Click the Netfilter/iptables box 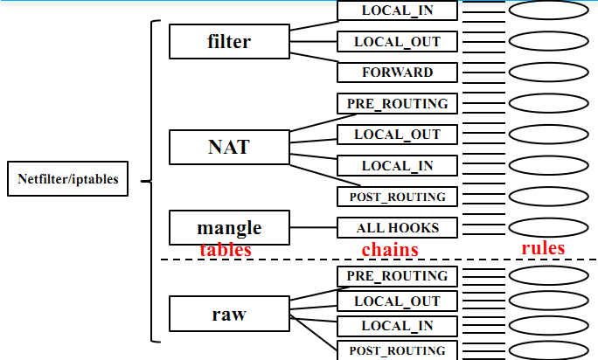[68, 181]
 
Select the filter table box [229, 41]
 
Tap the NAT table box [229, 147]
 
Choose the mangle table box [229, 228]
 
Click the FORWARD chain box [398, 72]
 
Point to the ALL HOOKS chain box [398, 228]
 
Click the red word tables [226, 250]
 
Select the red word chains [390, 250]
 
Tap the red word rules [543, 248]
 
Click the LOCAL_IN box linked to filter [398, 10]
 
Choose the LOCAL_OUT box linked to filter [398, 41]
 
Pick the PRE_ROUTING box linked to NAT [398, 103]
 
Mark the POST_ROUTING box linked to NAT [398, 197]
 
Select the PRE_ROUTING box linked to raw [398, 276]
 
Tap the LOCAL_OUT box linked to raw [398, 301]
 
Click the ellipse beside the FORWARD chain [548, 72]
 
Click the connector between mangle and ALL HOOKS [312, 228]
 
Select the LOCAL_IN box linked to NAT [398, 165]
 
